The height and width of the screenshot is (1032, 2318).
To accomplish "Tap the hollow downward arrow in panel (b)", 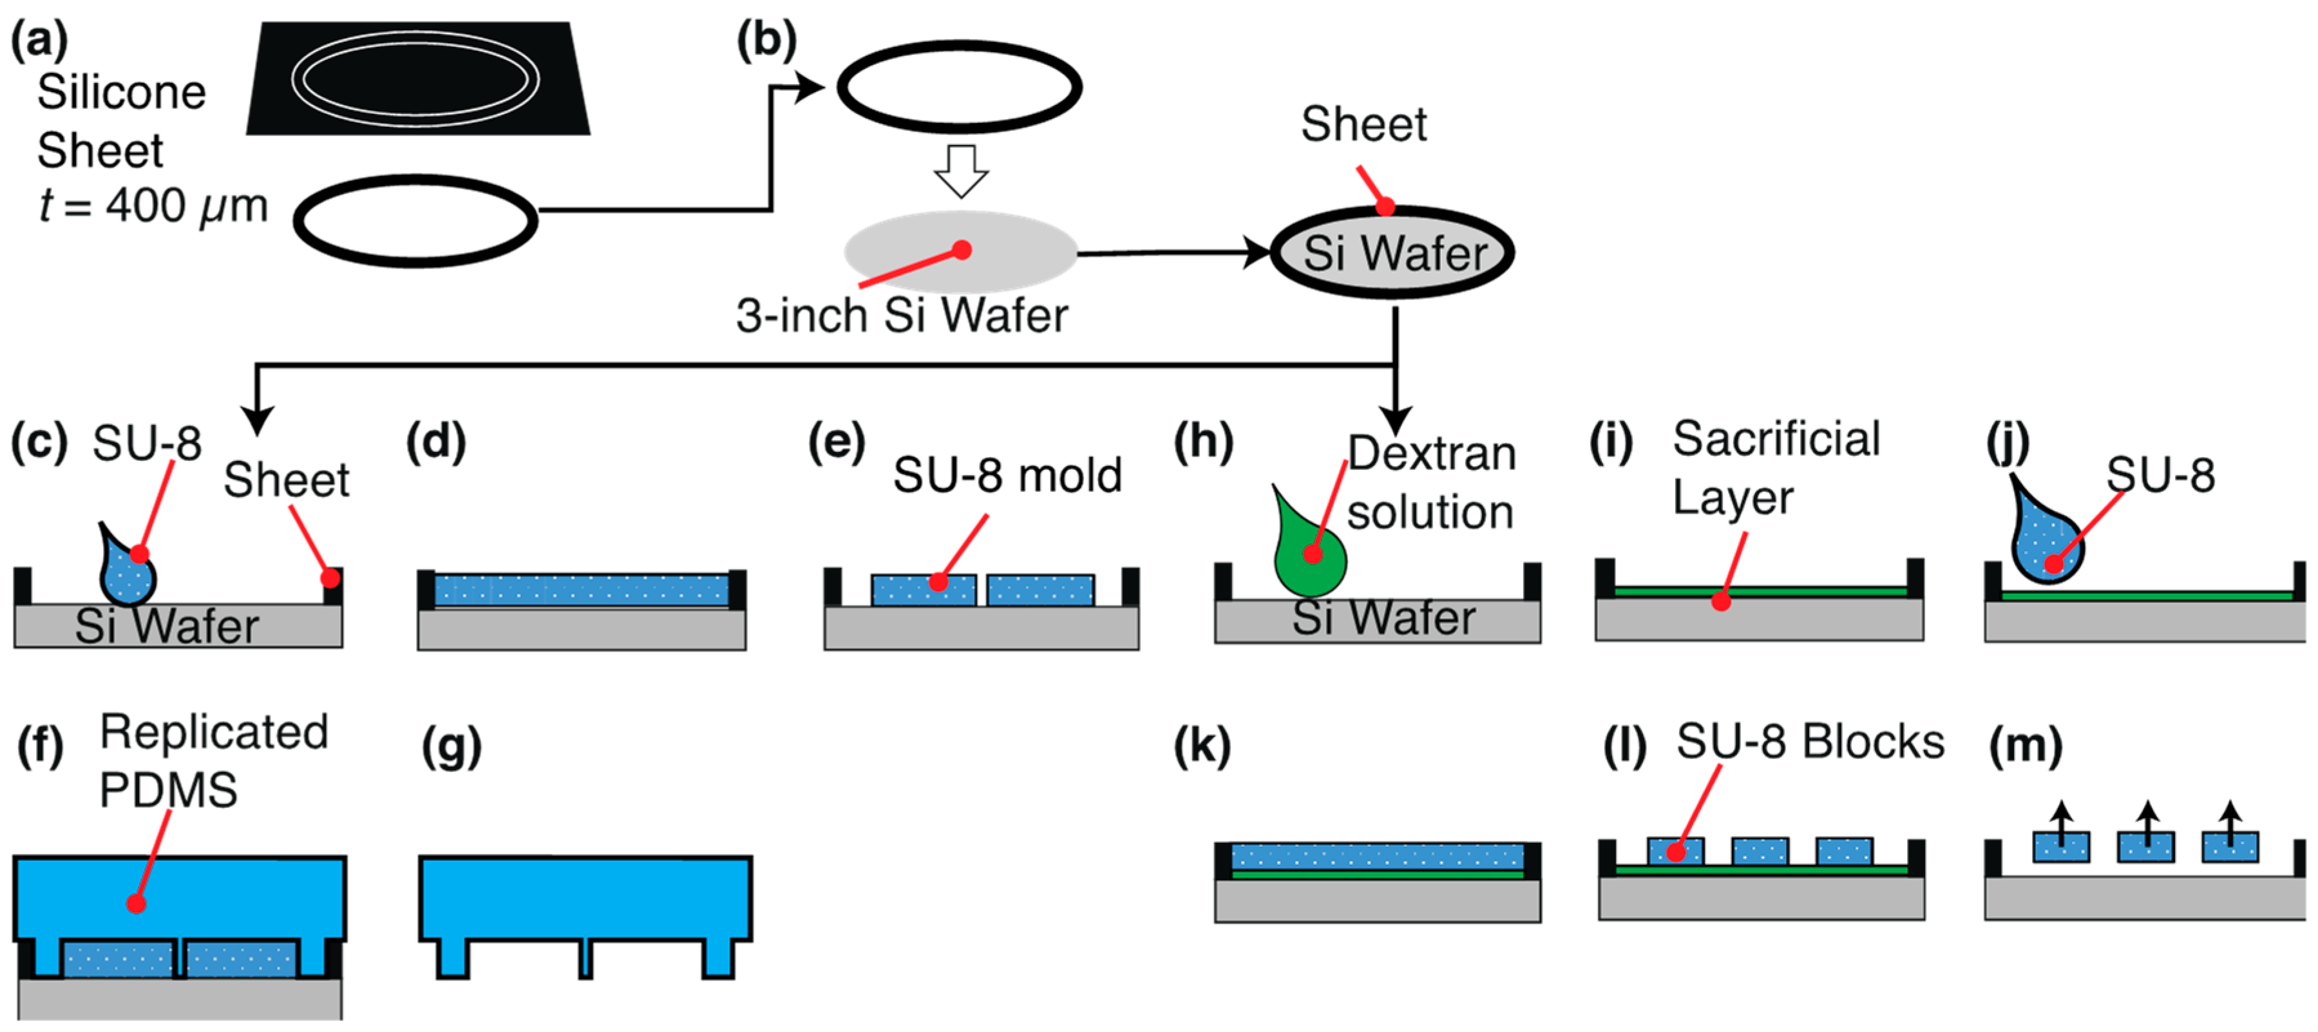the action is [x=961, y=170].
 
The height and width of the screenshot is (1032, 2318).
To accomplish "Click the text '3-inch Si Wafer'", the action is [x=902, y=316].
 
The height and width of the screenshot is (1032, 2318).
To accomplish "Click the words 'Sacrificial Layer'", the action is [x=1776, y=468].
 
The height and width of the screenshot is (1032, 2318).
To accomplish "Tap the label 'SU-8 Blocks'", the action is [x=1810, y=742].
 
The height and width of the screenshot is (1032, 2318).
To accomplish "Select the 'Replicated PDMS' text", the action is [x=213, y=760].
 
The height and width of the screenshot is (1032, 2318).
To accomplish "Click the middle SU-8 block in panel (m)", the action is [x=2145, y=847].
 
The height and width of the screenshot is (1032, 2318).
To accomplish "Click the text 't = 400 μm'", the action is [x=153, y=206].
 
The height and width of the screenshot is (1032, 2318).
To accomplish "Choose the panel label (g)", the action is [x=451, y=747].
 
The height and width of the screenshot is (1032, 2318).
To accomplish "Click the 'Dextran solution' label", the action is [x=1430, y=483].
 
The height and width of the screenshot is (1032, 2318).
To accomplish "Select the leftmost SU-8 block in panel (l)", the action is [x=1675, y=851].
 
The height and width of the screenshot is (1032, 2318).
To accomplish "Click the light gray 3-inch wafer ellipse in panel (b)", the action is [x=960, y=252].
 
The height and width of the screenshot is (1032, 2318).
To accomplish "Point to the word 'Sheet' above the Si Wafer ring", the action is [x=1363, y=124].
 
